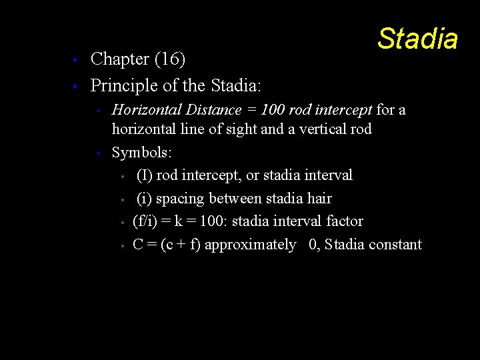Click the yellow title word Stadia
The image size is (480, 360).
pos(417,39)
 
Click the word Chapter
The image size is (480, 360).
pos(119,59)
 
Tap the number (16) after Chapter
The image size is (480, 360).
pos(169,59)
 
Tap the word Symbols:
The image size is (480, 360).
pos(142,153)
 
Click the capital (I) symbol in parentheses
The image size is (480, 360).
pos(143,175)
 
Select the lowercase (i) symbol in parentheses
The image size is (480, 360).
pos(143,198)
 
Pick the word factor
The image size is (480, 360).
pos(345,221)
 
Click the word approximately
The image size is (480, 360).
pos(250,245)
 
